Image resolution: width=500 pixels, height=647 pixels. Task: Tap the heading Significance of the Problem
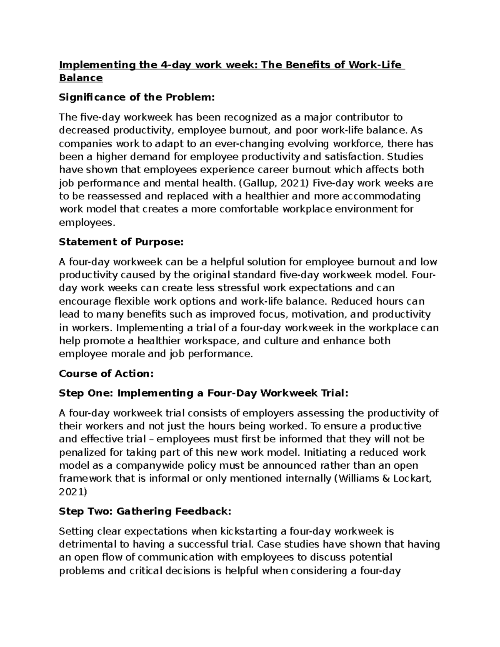pos(137,97)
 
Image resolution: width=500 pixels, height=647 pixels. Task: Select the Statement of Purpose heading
pos(121,242)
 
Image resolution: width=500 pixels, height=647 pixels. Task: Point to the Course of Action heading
pos(106,374)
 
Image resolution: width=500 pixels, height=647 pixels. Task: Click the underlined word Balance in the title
pos(81,78)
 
